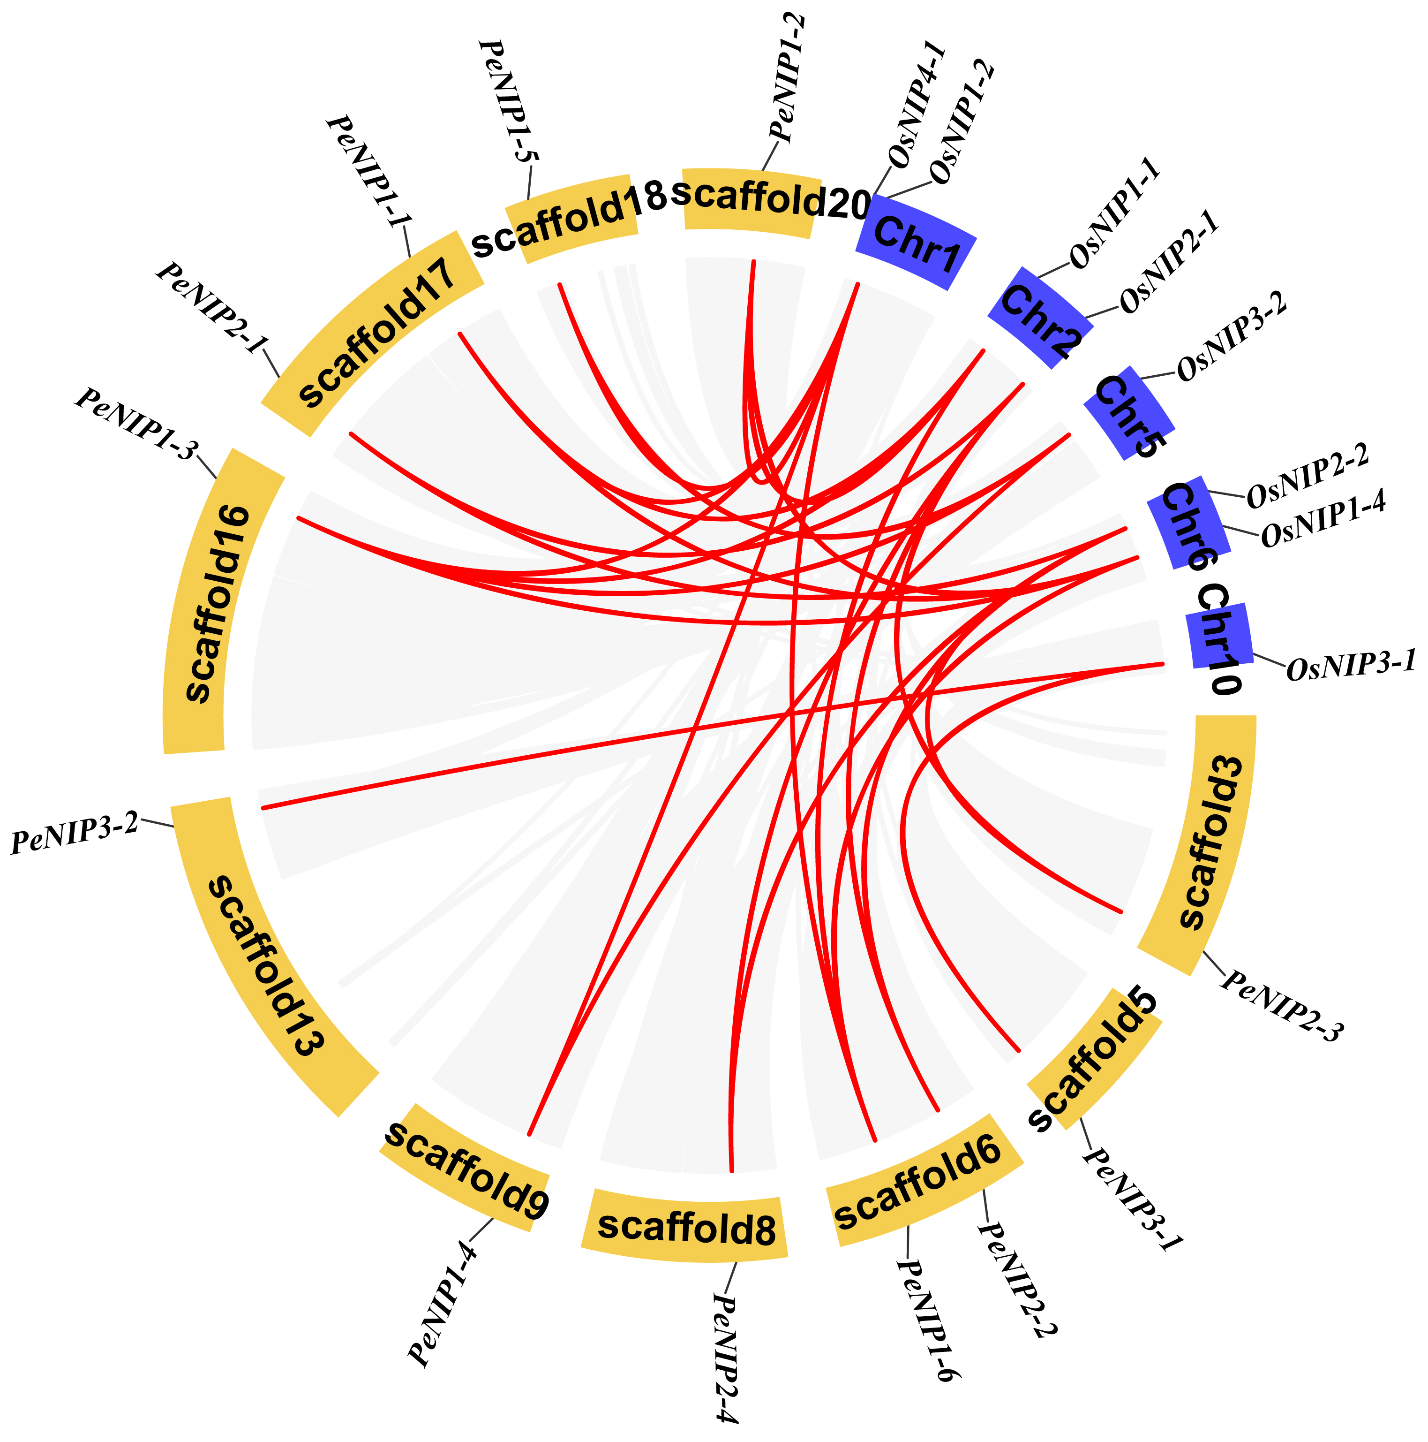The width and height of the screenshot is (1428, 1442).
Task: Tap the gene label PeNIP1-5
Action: pyautogui.click(x=511, y=101)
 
